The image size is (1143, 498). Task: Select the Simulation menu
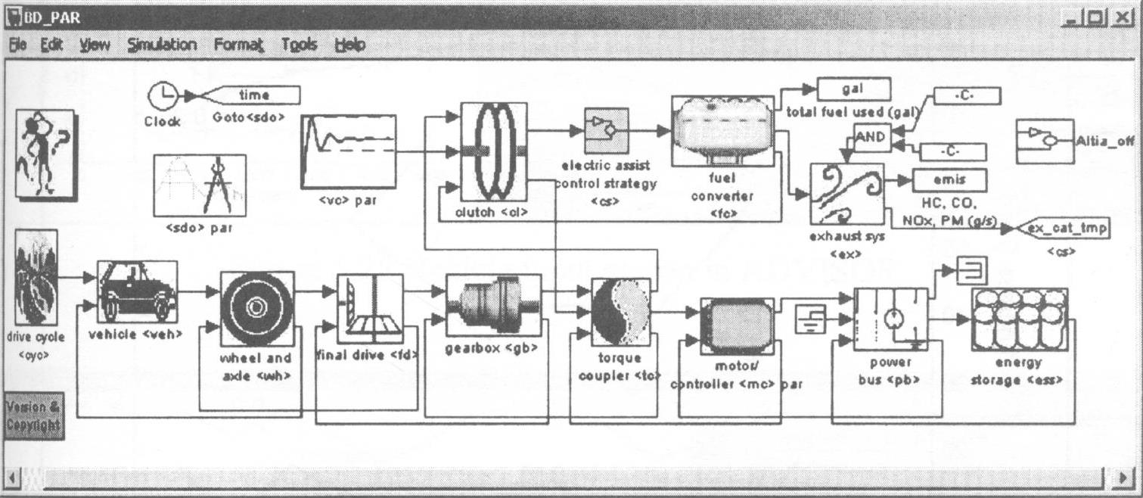click(162, 45)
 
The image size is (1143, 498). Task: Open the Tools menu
click(299, 45)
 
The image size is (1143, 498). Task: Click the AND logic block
click(871, 138)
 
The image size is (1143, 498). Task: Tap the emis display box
click(949, 180)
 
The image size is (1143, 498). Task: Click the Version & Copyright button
click(33, 416)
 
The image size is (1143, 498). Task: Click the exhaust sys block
click(846, 195)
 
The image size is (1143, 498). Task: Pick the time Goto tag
click(253, 95)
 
